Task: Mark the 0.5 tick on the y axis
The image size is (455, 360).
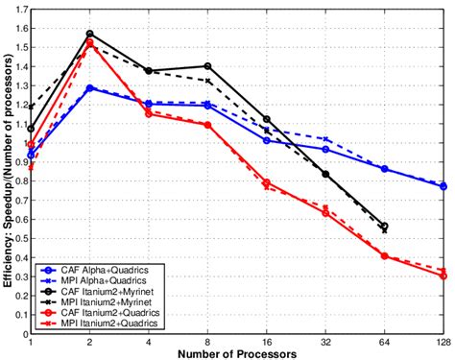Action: coord(21,242)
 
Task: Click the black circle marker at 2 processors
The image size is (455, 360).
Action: coord(90,34)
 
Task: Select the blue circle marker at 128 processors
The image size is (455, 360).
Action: coord(443,186)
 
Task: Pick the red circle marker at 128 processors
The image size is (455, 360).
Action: coord(443,276)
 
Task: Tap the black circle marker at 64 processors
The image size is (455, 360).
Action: coord(384,227)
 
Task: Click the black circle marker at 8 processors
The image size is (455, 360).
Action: coord(207,66)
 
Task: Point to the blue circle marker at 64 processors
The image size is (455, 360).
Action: coord(384,169)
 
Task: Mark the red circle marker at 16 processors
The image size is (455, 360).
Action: coord(267,182)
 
